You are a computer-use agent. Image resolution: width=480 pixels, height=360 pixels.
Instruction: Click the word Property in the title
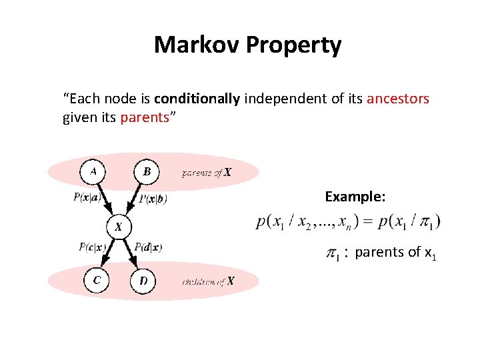point(294,45)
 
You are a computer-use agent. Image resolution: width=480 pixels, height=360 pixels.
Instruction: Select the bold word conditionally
point(197,99)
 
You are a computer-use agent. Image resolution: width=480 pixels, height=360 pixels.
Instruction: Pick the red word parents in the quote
point(144,118)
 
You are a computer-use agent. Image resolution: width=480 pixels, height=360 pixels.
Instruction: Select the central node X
point(118,227)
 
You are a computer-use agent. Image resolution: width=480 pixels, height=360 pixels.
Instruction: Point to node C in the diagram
point(97,280)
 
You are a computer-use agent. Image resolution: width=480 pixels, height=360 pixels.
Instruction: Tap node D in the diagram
point(143,281)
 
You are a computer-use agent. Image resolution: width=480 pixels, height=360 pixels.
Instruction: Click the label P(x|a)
point(87,197)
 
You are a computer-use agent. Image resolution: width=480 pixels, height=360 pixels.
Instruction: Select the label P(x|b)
point(153,199)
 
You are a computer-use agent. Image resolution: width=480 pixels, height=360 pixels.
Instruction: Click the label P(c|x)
point(92,247)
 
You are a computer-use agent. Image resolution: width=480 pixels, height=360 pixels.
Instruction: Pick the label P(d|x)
point(148,247)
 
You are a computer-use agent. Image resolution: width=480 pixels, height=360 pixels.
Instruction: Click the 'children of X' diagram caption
point(208,281)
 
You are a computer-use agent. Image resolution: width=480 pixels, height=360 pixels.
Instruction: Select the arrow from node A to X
point(105,199)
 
